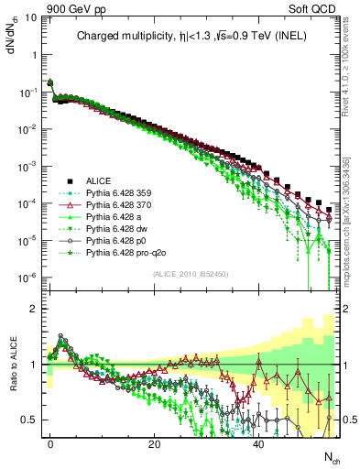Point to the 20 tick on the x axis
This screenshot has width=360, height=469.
click(x=155, y=443)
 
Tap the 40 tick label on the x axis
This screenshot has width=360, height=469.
click(x=259, y=443)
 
